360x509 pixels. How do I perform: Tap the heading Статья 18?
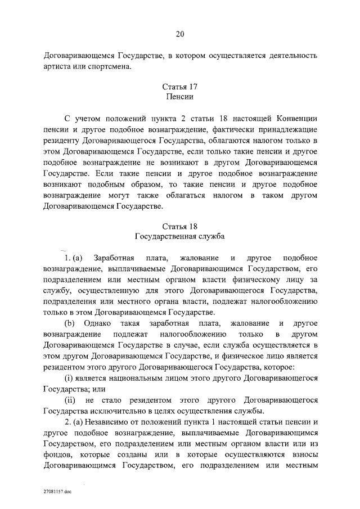(179, 227)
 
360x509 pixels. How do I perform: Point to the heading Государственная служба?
(179, 237)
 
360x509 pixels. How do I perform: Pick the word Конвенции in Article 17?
(297, 119)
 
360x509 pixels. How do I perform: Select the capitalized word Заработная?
(115, 258)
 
